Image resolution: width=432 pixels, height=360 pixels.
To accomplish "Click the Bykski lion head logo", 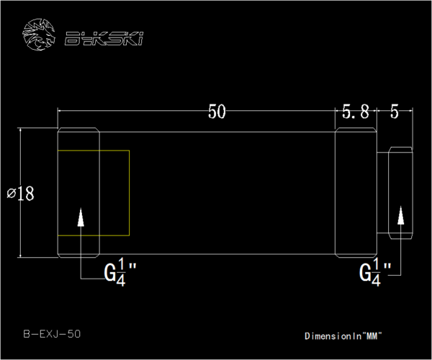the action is tap(39, 35).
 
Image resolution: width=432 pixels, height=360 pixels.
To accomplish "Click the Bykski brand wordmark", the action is tap(104, 39).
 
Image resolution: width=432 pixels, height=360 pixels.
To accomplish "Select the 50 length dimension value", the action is tap(217, 112).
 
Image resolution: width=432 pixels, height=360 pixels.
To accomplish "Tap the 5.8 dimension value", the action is tap(356, 112).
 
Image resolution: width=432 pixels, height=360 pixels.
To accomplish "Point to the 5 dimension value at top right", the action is tap(395, 112).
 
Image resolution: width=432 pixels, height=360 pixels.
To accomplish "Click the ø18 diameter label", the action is tap(20, 194).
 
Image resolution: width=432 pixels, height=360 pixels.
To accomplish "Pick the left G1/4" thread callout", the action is tap(120, 272).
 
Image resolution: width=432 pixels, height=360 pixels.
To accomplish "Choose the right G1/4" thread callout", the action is tap(375, 272).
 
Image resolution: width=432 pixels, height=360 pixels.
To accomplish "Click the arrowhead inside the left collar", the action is tap(81, 217).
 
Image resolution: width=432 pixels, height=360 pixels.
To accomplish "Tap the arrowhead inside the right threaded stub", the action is tap(401, 215).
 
